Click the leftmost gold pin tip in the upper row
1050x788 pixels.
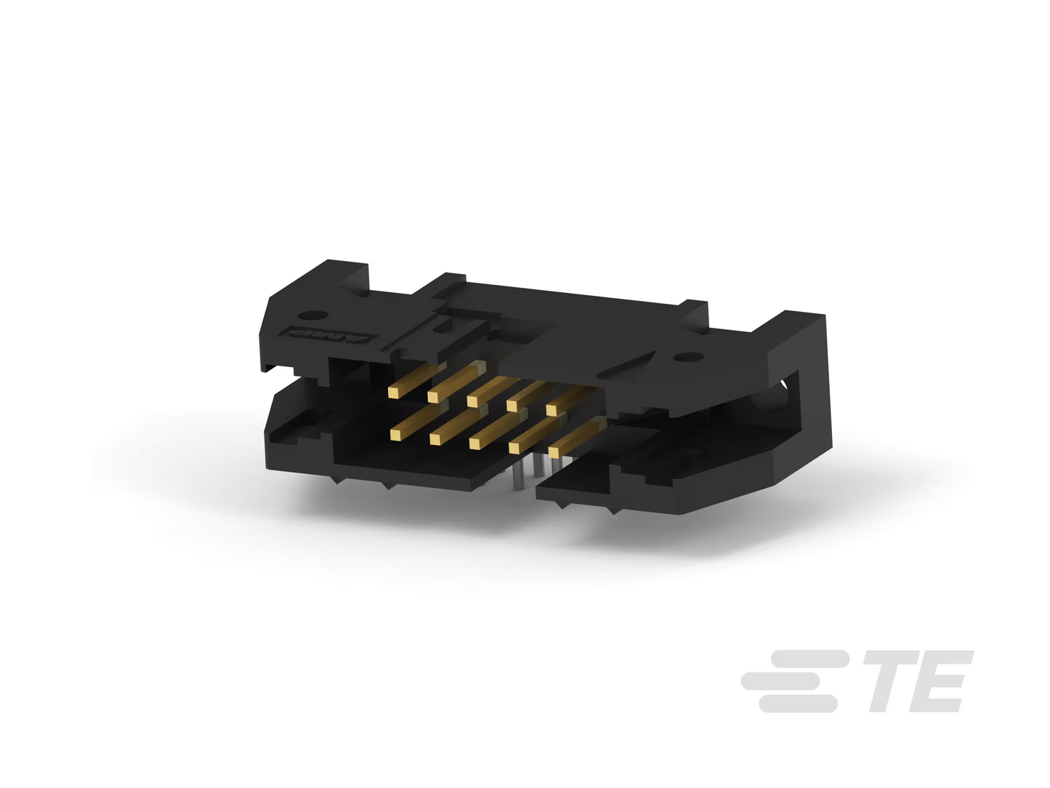click(x=394, y=393)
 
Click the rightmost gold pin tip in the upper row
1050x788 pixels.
click(x=552, y=410)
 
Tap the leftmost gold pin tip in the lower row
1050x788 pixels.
click(x=395, y=435)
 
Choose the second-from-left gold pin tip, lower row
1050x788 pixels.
click(x=435, y=439)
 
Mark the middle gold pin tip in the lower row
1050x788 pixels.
click(x=474, y=443)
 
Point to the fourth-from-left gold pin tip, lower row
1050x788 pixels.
click(x=514, y=448)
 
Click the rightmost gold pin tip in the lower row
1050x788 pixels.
click(x=554, y=452)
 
